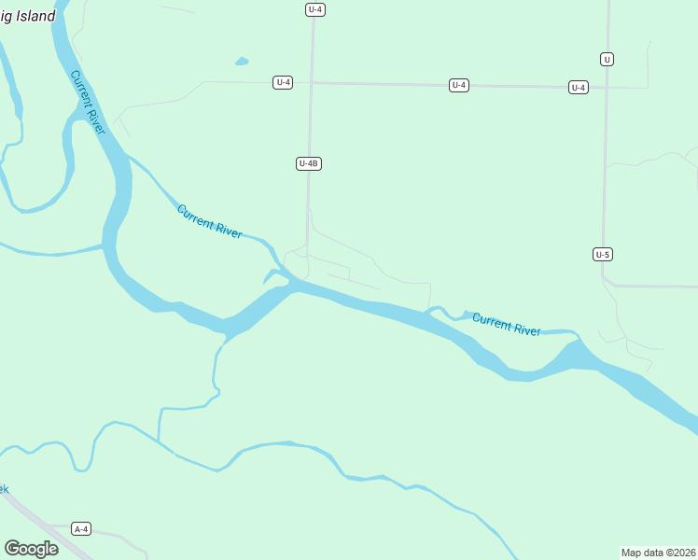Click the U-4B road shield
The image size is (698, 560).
click(x=309, y=163)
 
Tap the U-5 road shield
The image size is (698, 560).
click(x=603, y=254)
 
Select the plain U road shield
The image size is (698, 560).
click(x=607, y=59)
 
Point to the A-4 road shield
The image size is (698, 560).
click(x=81, y=529)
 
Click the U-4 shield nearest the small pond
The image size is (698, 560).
click(x=284, y=82)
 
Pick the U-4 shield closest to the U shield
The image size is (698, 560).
click(x=579, y=88)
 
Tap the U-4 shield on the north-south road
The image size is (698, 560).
click(x=314, y=9)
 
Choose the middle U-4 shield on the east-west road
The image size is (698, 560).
click(x=458, y=85)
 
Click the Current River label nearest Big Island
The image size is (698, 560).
click(x=89, y=103)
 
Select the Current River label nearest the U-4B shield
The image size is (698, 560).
click(x=210, y=222)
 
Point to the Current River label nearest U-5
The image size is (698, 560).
click(x=507, y=325)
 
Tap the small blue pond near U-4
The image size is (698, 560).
click(x=243, y=62)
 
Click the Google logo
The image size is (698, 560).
click(x=31, y=549)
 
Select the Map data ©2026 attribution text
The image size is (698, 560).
click(x=659, y=552)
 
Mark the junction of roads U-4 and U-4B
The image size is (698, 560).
click(x=312, y=82)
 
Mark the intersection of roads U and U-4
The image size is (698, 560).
click(x=607, y=88)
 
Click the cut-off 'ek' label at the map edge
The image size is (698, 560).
click(x=4, y=489)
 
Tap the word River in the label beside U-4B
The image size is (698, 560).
click(x=228, y=229)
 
